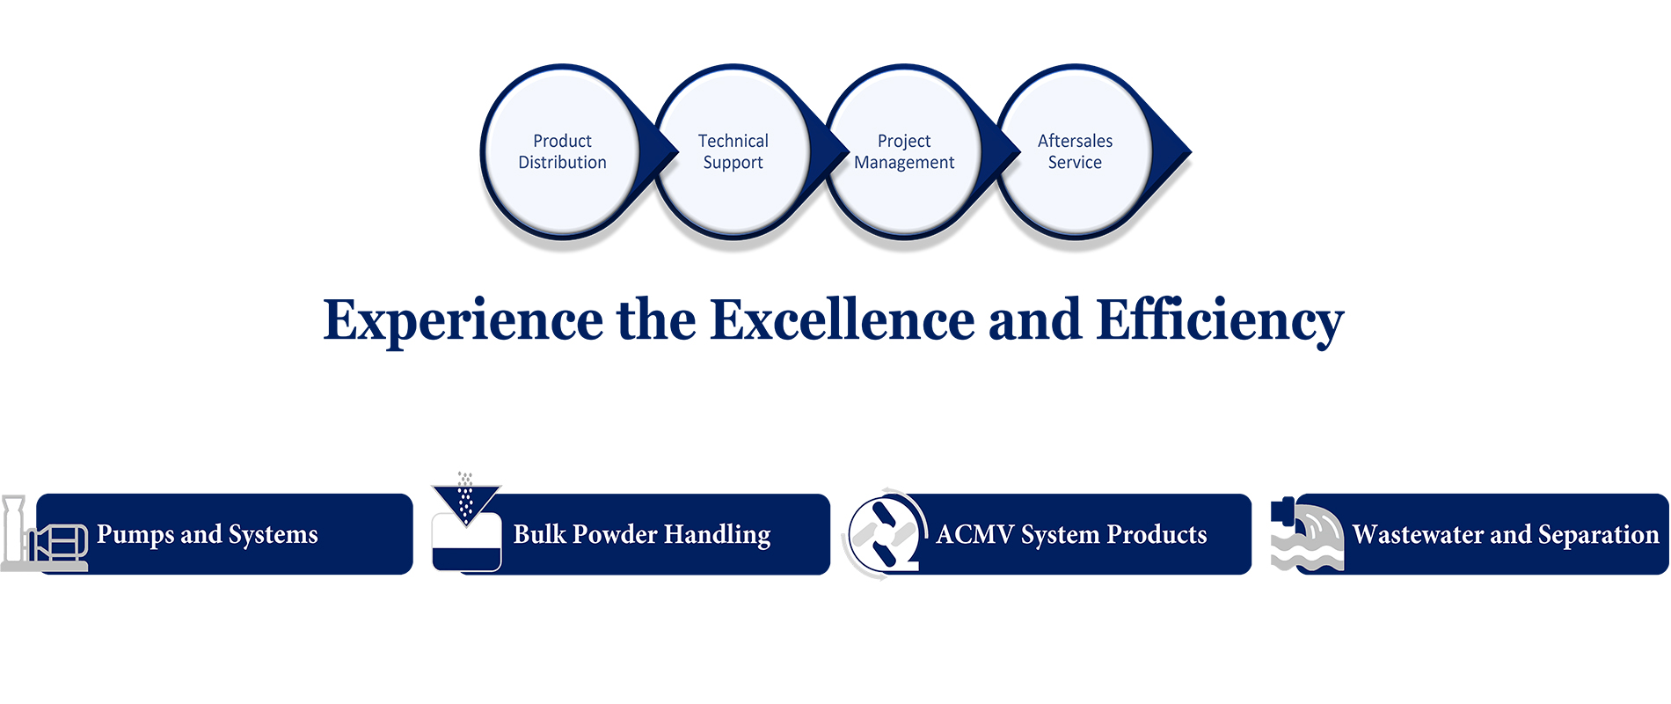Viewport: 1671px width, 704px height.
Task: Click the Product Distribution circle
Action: (562, 151)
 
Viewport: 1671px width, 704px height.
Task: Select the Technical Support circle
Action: (733, 151)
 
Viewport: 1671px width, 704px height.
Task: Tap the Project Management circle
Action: (904, 151)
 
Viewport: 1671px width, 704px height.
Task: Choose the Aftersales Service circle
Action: (1075, 151)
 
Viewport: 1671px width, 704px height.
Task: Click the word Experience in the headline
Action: (463, 321)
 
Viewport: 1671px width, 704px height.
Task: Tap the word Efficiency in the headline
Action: (1220, 321)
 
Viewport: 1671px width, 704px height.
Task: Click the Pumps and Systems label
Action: (208, 535)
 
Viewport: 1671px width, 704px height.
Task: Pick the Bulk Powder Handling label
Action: (642, 535)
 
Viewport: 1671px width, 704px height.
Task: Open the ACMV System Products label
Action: (1071, 535)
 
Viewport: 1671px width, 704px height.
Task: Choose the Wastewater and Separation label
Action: (1506, 535)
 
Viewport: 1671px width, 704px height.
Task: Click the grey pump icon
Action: (44, 534)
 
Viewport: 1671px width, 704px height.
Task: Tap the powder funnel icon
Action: (466, 522)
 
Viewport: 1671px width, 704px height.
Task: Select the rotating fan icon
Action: (884, 534)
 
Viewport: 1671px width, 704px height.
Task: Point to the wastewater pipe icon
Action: (1307, 534)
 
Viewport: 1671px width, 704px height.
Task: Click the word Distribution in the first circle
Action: (562, 162)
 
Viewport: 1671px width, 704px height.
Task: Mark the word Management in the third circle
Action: (904, 163)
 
